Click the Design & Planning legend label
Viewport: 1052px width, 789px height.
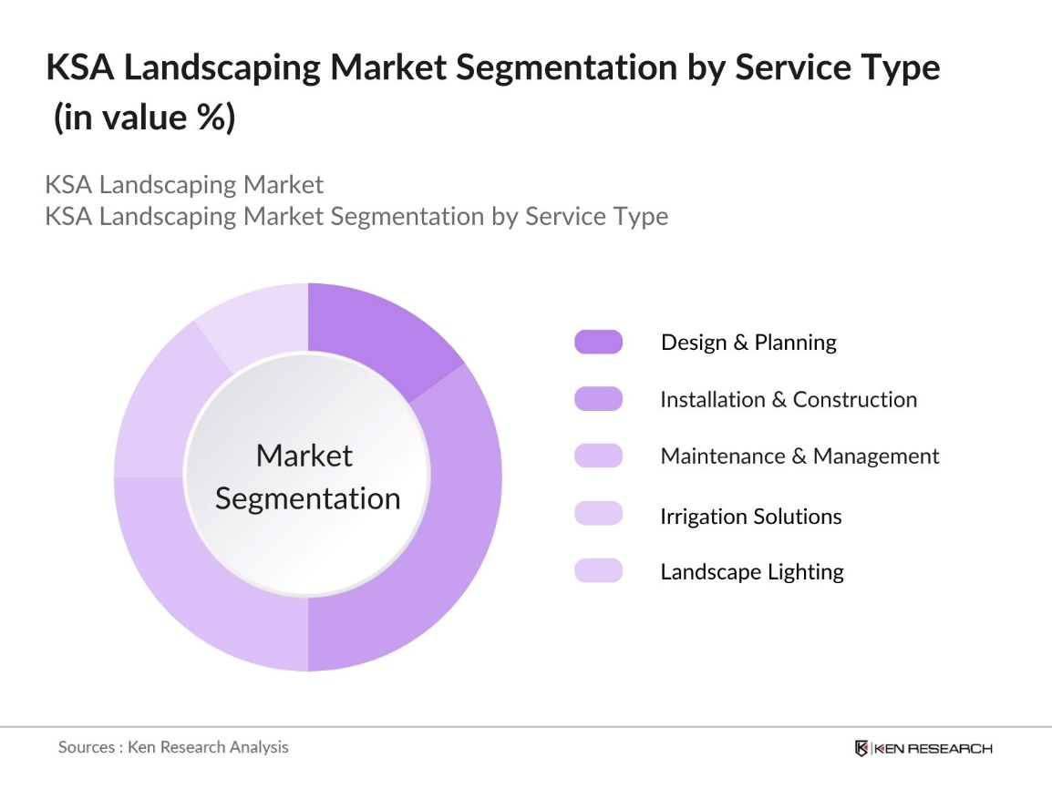pyautogui.click(x=748, y=343)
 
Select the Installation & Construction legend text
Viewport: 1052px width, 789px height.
pyautogui.click(x=789, y=400)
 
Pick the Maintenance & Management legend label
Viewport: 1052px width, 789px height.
pyautogui.click(x=799, y=456)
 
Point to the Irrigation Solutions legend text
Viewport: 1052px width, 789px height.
pyautogui.click(x=751, y=517)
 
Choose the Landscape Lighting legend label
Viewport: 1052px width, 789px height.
pyautogui.click(x=752, y=572)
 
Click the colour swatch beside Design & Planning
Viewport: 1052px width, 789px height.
pyautogui.click(x=598, y=343)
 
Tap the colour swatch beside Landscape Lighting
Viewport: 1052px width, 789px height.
pyautogui.click(x=598, y=571)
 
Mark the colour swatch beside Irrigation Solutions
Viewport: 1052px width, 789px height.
pyautogui.click(x=598, y=514)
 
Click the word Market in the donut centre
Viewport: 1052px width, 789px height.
pyautogui.click(x=304, y=456)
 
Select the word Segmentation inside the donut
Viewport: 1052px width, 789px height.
pyautogui.click(x=308, y=499)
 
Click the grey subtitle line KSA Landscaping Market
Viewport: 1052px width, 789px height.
pyautogui.click(x=184, y=185)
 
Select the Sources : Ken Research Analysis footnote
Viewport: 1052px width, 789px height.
pyautogui.click(x=173, y=747)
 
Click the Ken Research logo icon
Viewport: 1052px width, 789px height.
pyautogui.click(x=861, y=748)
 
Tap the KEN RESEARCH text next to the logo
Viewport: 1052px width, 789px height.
pyautogui.click(x=934, y=749)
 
